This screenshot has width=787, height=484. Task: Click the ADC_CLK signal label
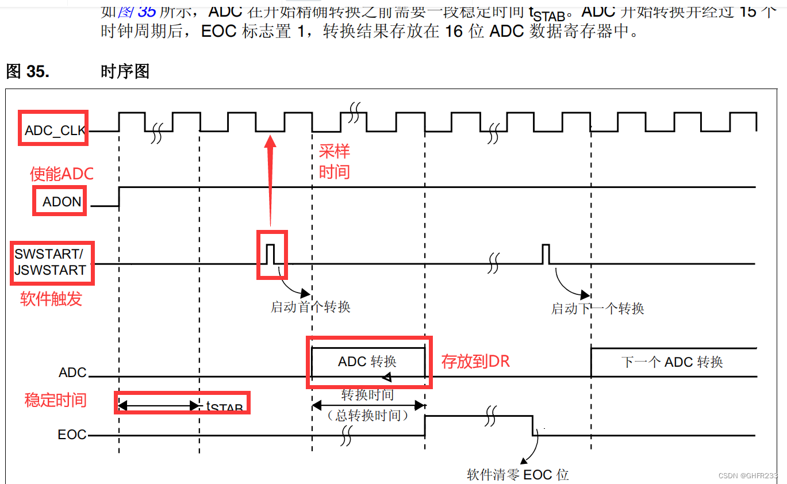click(55, 131)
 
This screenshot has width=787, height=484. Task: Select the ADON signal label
click(62, 202)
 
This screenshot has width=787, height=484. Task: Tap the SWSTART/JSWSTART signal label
click(50, 262)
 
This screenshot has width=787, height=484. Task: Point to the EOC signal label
click(72, 435)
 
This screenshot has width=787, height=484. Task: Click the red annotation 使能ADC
click(62, 173)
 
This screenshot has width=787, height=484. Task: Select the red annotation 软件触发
click(51, 298)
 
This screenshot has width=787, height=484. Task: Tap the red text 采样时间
click(334, 162)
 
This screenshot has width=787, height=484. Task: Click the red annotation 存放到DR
click(475, 361)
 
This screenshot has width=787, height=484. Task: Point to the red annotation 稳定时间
click(55, 400)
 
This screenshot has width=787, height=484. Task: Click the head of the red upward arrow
click(270, 141)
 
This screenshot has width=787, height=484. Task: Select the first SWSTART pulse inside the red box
click(271, 253)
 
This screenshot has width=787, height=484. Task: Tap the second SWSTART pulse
click(546, 253)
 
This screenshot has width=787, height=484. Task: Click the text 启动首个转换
click(310, 307)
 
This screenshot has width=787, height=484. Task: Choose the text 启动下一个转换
click(597, 309)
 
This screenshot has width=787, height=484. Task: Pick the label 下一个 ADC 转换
click(671, 362)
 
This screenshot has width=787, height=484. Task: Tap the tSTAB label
click(224, 406)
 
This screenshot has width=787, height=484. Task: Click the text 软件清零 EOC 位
click(517, 474)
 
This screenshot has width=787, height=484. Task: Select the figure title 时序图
click(125, 71)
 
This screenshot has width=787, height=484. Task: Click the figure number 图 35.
click(27, 71)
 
